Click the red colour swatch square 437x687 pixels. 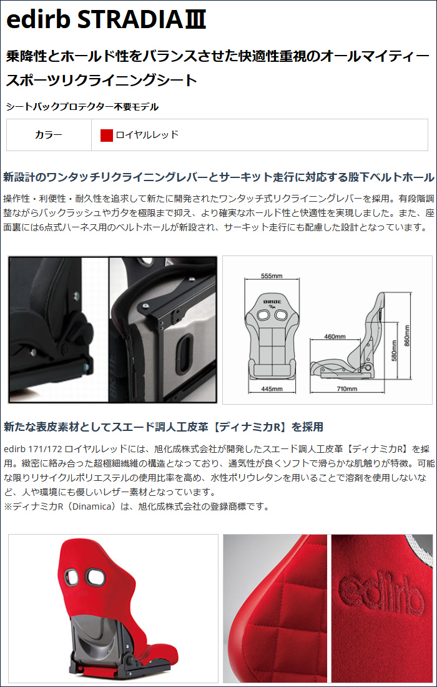click(x=107, y=135)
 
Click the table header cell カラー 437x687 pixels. click(x=49, y=135)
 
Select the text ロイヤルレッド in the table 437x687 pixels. click(x=147, y=135)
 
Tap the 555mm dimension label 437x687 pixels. click(x=272, y=276)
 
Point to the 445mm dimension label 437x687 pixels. click(x=272, y=388)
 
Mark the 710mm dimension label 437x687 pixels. click(x=347, y=388)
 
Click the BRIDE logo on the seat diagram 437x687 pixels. click(x=272, y=303)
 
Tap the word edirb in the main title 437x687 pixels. click(x=39, y=21)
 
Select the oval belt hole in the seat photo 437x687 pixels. click(x=185, y=348)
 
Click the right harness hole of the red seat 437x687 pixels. click(x=95, y=574)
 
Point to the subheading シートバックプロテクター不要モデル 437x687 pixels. click(x=82, y=106)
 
